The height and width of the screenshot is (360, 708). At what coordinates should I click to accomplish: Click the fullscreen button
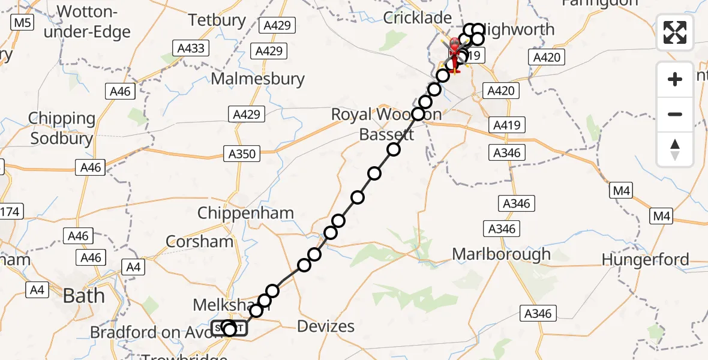(675, 32)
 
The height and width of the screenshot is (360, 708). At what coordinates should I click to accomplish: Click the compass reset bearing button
(675, 149)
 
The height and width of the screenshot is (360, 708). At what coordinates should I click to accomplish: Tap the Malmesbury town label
(258, 79)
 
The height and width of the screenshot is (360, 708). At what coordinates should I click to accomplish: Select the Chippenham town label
(245, 212)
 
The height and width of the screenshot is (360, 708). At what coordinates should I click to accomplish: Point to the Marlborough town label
(501, 254)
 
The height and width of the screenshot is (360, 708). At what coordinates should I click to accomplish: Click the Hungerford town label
(645, 260)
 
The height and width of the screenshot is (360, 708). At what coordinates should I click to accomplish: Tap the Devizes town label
(326, 326)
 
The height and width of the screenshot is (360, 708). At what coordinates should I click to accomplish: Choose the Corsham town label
(199, 241)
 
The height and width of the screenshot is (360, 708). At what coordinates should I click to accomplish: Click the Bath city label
(83, 296)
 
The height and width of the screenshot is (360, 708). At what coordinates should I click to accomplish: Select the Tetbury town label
(217, 20)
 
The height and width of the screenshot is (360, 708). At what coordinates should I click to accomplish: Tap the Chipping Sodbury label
(62, 128)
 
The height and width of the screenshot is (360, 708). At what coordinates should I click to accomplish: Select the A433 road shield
(188, 49)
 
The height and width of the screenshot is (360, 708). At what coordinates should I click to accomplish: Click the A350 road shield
(242, 154)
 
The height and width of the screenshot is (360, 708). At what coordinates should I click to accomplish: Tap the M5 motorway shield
(23, 23)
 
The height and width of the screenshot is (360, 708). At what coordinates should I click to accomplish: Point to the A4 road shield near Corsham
(134, 267)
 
